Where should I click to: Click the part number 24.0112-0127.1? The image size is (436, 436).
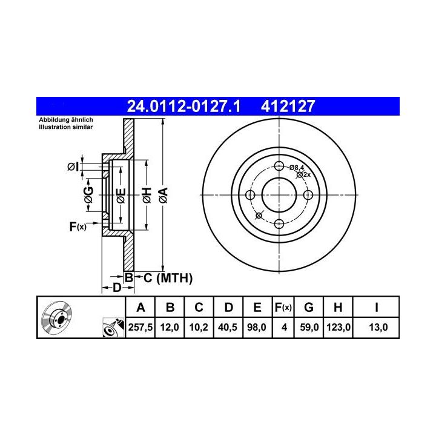click(x=183, y=107)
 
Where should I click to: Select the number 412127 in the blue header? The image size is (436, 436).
click(x=288, y=107)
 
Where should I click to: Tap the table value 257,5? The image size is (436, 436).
click(x=140, y=327)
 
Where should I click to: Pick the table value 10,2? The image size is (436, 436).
click(x=199, y=327)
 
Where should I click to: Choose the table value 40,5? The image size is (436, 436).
click(x=228, y=327)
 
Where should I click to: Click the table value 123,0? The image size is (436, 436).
click(x=338, y=327)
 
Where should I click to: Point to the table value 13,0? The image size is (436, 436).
click(x=378, y=327)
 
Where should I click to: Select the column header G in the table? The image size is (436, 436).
click(x=309, y=308)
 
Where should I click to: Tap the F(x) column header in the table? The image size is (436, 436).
click(x=283, y=308)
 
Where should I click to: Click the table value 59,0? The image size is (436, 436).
click(x=309, y=327)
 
